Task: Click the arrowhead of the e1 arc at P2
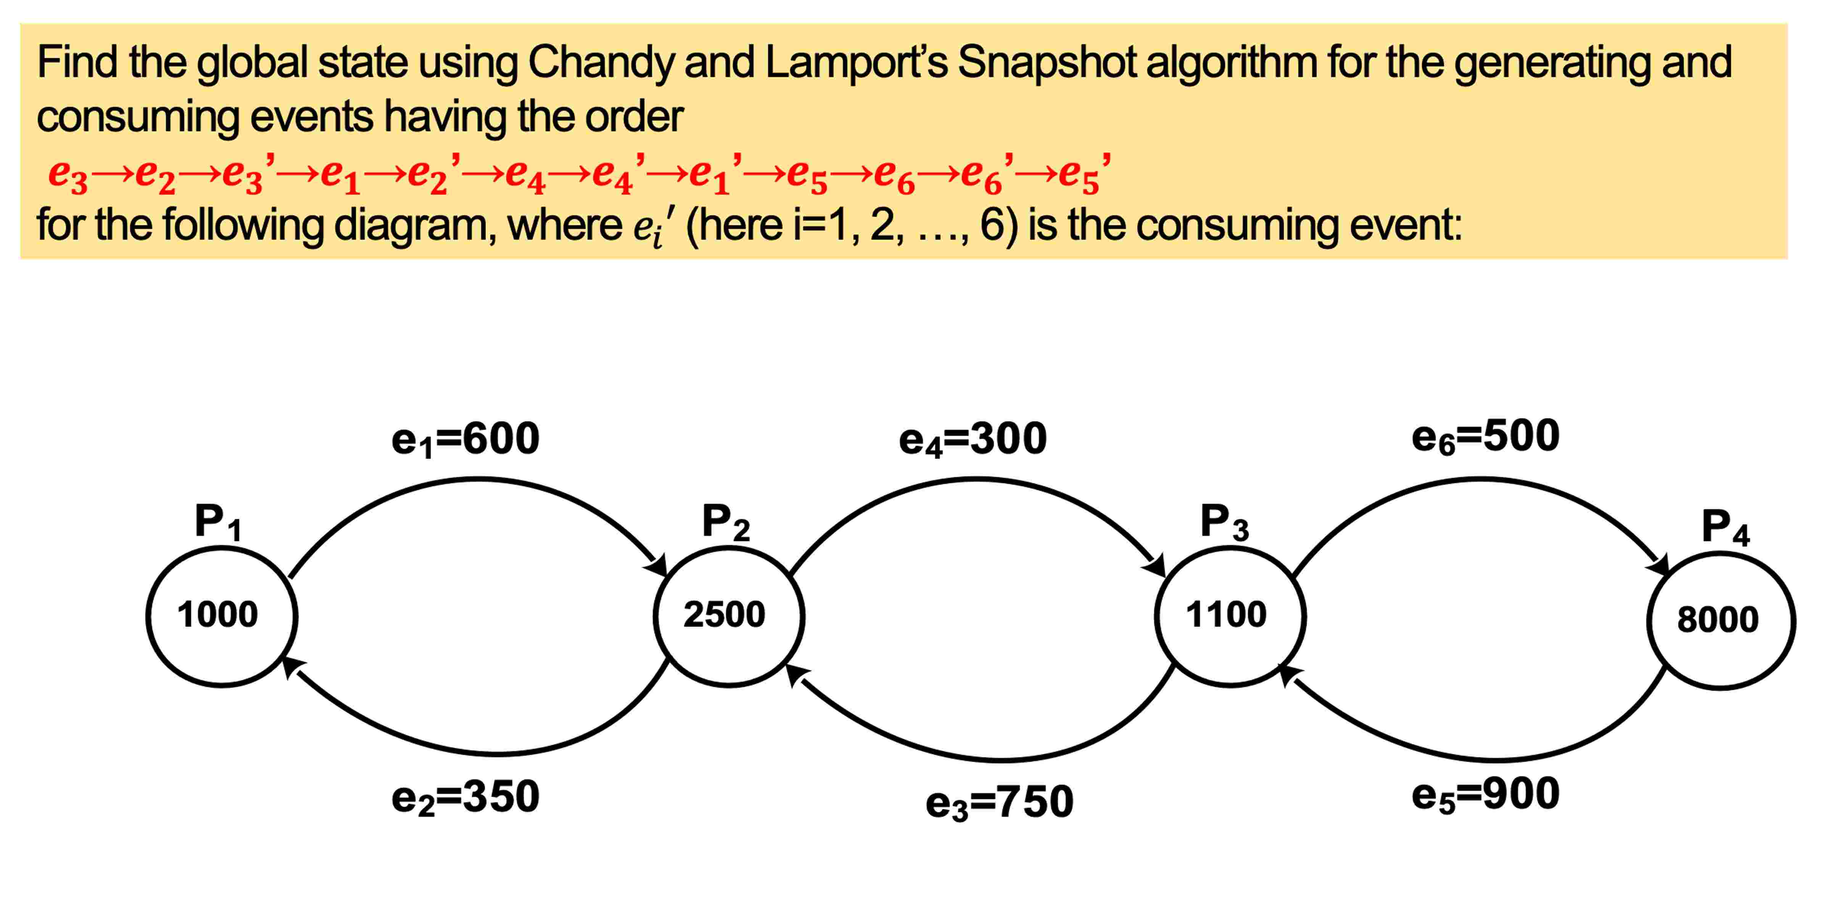pos(657,565)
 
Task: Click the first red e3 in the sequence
pos(68,174)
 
